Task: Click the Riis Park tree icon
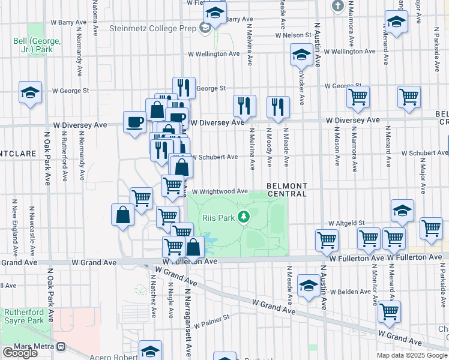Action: point(243,217)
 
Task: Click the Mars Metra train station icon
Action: point(61,346)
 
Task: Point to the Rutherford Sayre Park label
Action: point(25,316)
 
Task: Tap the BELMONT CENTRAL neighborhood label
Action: point(287,190)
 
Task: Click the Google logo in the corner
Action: point(20,353)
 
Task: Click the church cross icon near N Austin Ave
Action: point(338,6)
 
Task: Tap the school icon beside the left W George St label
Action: point(30,92)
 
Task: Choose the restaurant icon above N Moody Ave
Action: point(278,107)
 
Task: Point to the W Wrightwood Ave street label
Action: point(219,191)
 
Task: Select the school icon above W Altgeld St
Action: point(402,210)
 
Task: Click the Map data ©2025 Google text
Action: point(412,355)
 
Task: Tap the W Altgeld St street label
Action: point(346,223)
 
